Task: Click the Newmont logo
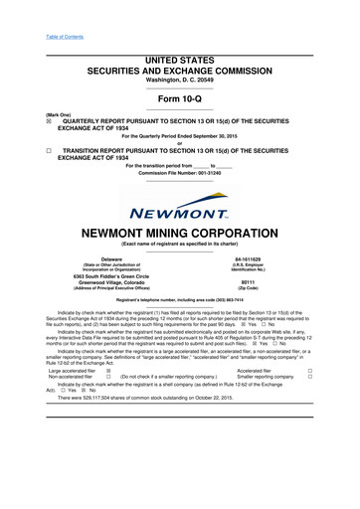[179, 209]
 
